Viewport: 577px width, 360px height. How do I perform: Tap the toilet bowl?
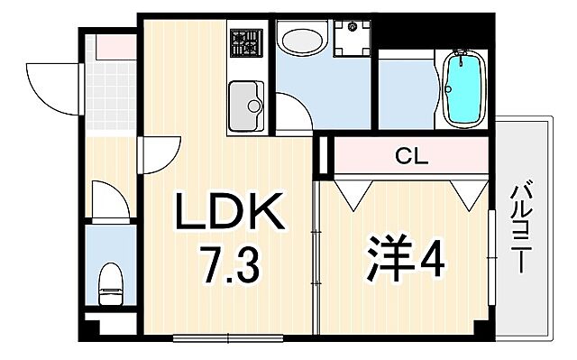click(x=110, y=282)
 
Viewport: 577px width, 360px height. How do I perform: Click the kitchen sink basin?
click(x=245, y=105)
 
